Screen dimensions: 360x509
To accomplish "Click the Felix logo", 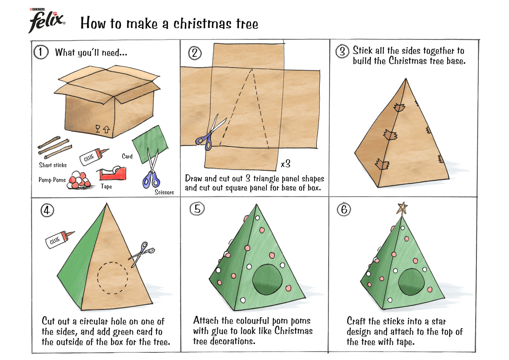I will click(47, 20).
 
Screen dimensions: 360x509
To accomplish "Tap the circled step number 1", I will click(40, 53).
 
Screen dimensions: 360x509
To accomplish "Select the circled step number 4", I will click(46, 210).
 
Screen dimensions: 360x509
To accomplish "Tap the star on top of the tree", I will click(401, 209).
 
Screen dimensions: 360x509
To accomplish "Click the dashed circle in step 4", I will click(112, 278).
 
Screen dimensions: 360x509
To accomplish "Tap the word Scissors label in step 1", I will click(164, 192).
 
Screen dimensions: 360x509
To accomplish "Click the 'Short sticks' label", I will click(53, 165).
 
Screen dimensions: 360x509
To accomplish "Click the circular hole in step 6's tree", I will click(411, 282).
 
